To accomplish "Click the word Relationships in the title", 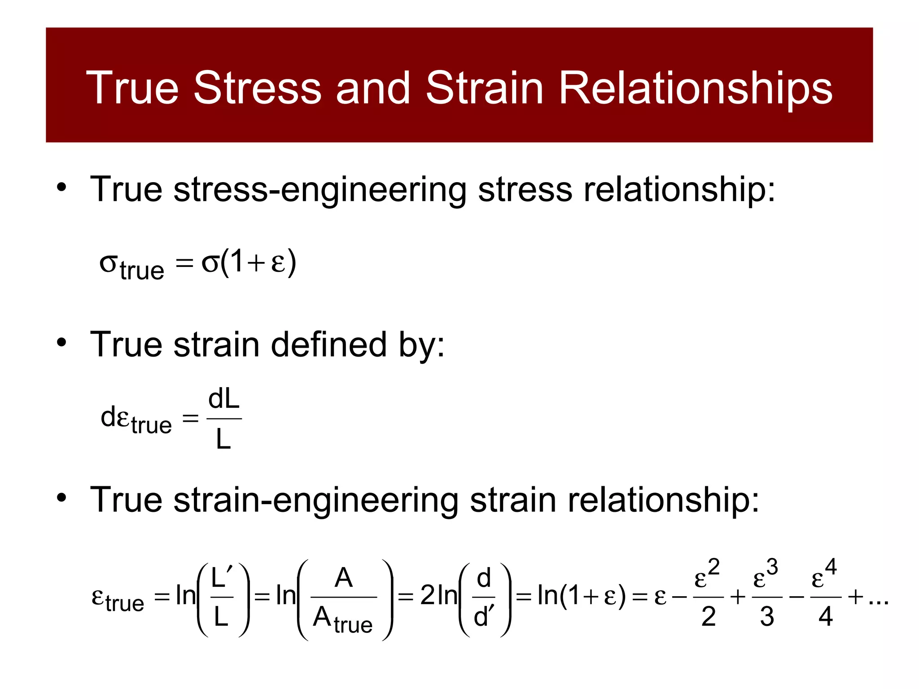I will pos(695,88).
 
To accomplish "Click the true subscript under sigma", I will pos(141,270).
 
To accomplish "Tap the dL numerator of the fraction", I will pos(223,399).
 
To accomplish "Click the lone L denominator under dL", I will pos(223,439).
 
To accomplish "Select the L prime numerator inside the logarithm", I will pos(222,577).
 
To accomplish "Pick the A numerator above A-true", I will pos(343,577).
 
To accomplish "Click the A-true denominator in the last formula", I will pos(342,619).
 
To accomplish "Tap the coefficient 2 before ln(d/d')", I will pos(428,596).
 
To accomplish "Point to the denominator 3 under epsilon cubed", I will pos(767,616).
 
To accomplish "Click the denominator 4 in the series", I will pos(825,616).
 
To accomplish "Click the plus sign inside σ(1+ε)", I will pos(256,263).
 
